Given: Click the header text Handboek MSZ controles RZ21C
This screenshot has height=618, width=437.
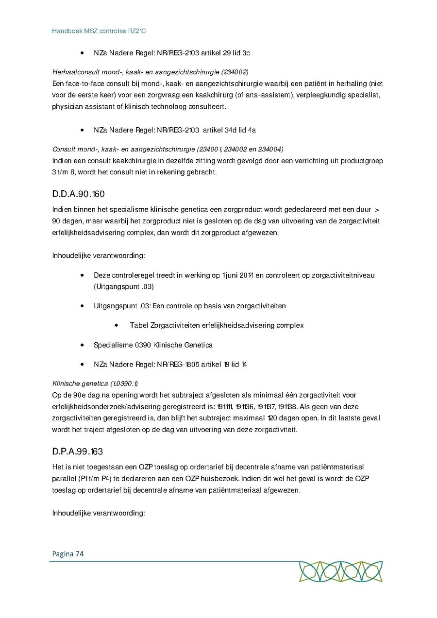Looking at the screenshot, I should (x=99, y=31).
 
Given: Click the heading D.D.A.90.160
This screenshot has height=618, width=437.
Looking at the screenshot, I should (x=78, y=194).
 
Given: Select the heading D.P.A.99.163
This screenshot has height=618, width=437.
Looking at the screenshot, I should (x=78, y=451).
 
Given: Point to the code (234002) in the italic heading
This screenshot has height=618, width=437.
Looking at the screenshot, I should (x=235, y=72).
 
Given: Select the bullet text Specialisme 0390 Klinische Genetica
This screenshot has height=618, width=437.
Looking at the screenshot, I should (x=153, y=345).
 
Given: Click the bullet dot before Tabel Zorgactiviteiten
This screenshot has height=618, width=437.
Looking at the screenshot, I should (x=117, y=325).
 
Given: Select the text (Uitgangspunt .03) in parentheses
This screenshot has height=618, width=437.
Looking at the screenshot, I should (x=124, y=286).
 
